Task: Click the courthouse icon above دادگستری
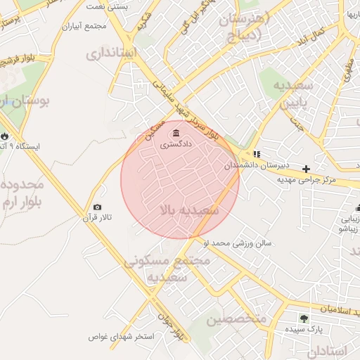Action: click(x=175, y=133)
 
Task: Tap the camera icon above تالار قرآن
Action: click(x=97, y=207)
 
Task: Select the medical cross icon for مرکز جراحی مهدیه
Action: click(x=306, y=169)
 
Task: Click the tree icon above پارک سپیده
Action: click(x=304, y=319)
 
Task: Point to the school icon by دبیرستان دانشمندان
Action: click(x=257, y=153)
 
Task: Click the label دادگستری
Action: click(x=176, y=145)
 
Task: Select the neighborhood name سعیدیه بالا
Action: click(x=189, y=210)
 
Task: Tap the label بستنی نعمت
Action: click(x=108, y=6)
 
